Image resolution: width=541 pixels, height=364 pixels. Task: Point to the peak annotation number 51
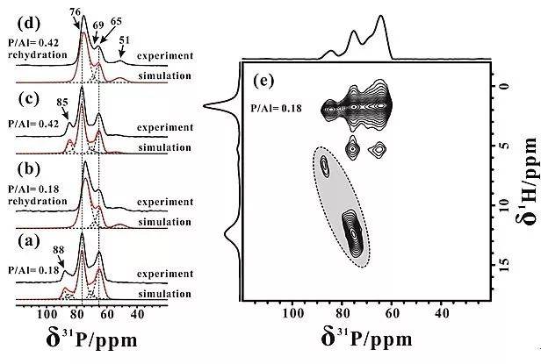[x=123, y=40]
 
